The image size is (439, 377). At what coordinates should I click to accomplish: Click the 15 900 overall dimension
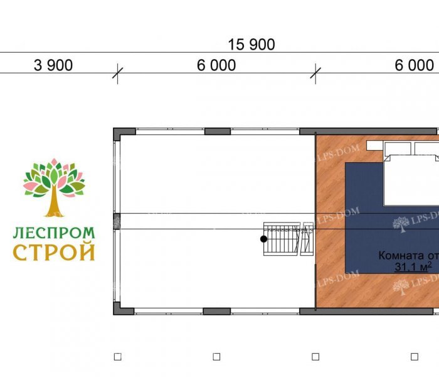(251, 45)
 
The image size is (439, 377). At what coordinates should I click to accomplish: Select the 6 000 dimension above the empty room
(216, 65)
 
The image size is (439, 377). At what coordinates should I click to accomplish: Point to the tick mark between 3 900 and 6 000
(116, 73)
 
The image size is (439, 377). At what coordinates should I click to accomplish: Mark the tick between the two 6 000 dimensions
(315, 73)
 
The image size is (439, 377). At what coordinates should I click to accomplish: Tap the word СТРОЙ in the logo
(55, 253)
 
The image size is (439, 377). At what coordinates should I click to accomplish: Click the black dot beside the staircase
(264, 239)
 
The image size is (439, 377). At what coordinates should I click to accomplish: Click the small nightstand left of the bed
(374, 145)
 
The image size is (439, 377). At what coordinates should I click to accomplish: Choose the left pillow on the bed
(398, 149)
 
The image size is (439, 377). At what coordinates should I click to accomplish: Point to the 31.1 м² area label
(412, 268)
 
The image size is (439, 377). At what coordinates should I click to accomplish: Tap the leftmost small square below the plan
(117, 356)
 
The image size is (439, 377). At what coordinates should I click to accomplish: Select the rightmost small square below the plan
(414, 356)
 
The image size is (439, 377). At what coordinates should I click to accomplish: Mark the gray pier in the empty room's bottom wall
(217, 310)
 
